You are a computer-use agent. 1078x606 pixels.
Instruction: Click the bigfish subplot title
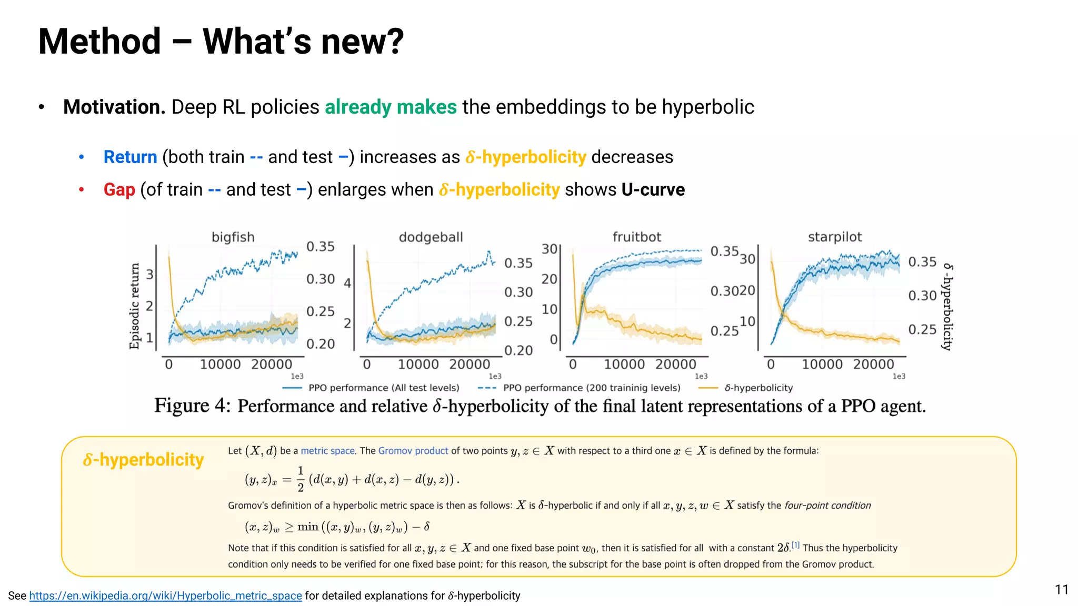233,237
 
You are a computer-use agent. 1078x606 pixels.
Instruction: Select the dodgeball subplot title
431,237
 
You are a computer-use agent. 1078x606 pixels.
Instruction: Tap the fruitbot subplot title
636,237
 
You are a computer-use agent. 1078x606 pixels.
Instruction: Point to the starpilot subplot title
834,237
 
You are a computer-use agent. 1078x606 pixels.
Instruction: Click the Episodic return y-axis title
135,306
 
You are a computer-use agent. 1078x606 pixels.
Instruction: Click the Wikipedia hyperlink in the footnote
165,595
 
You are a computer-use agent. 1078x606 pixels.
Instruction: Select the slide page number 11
1061,590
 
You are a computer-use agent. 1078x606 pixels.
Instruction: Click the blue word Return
130,157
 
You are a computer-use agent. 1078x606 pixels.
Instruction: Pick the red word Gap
119,189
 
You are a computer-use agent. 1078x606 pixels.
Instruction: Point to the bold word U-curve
653,189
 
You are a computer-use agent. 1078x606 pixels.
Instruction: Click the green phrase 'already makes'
391,107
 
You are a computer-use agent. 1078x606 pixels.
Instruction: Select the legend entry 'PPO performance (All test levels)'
383,388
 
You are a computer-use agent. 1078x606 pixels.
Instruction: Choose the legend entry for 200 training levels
591,388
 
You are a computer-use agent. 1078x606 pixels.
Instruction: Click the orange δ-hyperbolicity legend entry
758,388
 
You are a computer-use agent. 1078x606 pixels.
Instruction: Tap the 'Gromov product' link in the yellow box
413,451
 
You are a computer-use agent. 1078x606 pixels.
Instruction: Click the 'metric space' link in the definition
327,451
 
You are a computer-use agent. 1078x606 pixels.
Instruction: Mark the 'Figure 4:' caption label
192,406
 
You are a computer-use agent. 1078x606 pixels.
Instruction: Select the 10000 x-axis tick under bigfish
220,364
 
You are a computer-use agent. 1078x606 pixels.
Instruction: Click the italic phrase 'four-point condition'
827,506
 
